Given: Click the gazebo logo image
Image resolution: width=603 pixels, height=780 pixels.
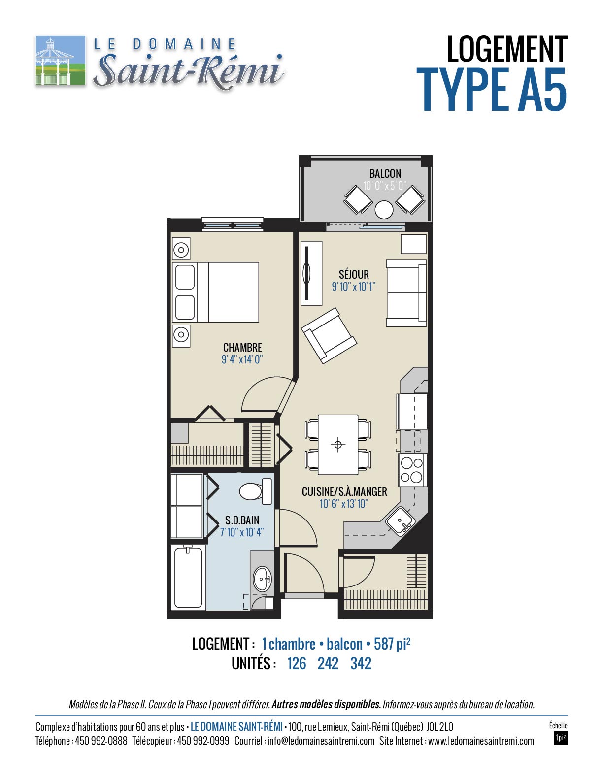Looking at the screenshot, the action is [61, 60].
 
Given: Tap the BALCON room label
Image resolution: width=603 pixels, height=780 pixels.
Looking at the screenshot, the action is [385, 174].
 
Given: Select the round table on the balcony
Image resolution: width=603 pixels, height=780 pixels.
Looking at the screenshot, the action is [384, 209].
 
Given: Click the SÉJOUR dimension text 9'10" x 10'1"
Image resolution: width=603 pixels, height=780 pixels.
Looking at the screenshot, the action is [353, 287].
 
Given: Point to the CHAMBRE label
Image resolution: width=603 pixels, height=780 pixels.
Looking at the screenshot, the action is [242, 348].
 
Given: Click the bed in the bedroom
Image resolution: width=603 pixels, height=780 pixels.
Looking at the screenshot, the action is [215, 292].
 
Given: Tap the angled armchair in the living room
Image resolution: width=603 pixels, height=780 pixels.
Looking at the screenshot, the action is [329, 336].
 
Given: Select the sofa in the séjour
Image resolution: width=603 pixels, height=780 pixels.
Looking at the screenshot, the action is [406, 293].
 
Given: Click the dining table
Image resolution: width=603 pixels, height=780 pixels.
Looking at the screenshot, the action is [338, 445].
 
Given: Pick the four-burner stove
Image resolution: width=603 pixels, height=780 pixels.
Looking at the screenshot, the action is [412, 470].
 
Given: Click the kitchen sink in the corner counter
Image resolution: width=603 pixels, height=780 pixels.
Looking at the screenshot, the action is [400, 521].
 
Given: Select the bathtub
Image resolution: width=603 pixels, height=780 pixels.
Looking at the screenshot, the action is [188, 578].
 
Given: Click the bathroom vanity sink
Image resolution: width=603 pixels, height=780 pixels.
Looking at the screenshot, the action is [263, 578].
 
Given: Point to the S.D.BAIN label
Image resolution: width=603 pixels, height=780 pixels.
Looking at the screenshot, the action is [242, 520].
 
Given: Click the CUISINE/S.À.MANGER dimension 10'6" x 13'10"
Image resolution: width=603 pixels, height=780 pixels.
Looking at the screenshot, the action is [343, 504].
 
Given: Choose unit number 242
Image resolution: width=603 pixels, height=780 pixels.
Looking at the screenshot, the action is [328, 663].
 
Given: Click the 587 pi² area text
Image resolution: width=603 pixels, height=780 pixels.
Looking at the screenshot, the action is [392, 644].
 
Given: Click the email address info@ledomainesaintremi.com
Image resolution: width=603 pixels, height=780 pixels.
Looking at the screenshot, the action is [321, 741].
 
